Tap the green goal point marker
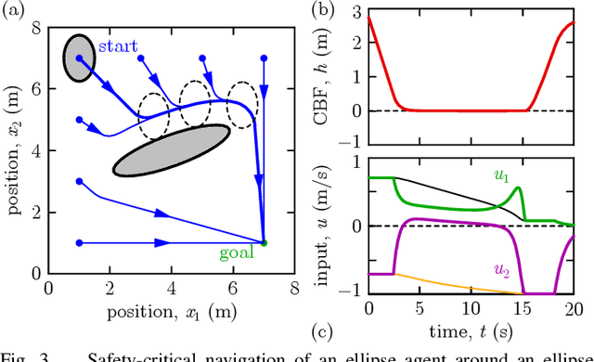point(264,243)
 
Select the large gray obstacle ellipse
point(171,149)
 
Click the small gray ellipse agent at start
point(79,58)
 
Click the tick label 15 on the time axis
point(525,308)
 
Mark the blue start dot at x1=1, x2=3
point(79,182)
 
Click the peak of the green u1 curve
point(517,188)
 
